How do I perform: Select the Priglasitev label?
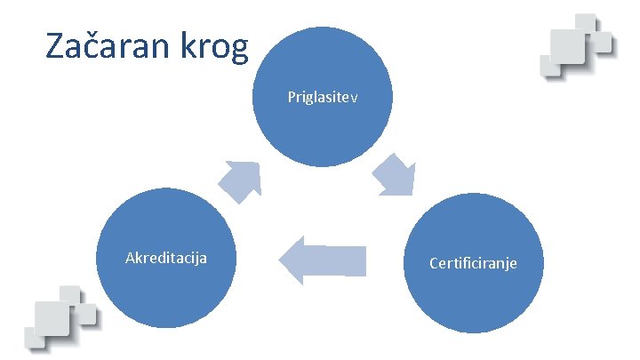coord(323,96)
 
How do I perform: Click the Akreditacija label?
coord(166,258)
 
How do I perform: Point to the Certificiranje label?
coord(473,263)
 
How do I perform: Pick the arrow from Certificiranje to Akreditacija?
coord(323,260)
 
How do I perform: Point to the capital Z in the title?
coord(54,47)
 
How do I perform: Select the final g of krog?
coord(239,52)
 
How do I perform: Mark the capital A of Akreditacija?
coord(131,258)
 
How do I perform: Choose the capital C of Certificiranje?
coord(433,263)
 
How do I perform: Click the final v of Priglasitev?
coord(354,97)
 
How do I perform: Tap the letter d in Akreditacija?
coord(158,258)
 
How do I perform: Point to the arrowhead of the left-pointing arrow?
coord(290,260)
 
